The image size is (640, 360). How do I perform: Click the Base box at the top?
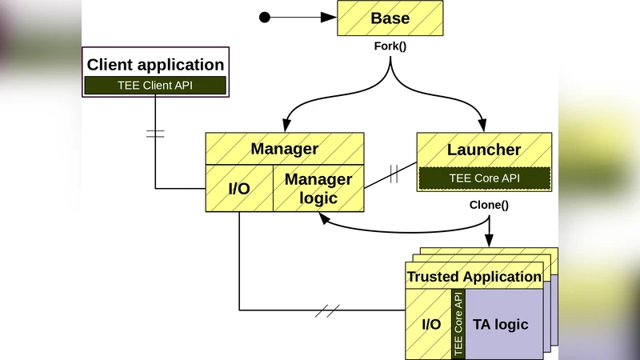coord(390,18)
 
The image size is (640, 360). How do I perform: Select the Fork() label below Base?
coord(390,46)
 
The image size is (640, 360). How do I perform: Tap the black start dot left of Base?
coord(266,17)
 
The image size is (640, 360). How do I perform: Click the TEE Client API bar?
coord(156,86)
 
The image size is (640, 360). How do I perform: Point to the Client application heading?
coord(156,65)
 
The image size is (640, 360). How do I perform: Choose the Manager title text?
coord(284,149)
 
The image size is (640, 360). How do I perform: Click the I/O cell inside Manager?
coord(239,189)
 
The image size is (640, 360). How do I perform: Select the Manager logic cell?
coord(318,189)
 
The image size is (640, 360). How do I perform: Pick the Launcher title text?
coord(484,150)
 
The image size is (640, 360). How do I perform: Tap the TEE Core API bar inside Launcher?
coord(484,178)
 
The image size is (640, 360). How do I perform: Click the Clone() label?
coord(489,205)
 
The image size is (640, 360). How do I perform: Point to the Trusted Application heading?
coord(474,277)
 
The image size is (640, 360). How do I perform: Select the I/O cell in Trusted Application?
coord(431,324)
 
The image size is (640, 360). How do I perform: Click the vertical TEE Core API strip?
coord(458,324)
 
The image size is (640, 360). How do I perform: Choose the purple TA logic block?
coord(502,324)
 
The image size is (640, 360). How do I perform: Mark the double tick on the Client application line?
coord(155,134)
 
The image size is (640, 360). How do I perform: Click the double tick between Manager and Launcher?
coord(394,174)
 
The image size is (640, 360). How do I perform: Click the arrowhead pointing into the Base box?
coord(330,17)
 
